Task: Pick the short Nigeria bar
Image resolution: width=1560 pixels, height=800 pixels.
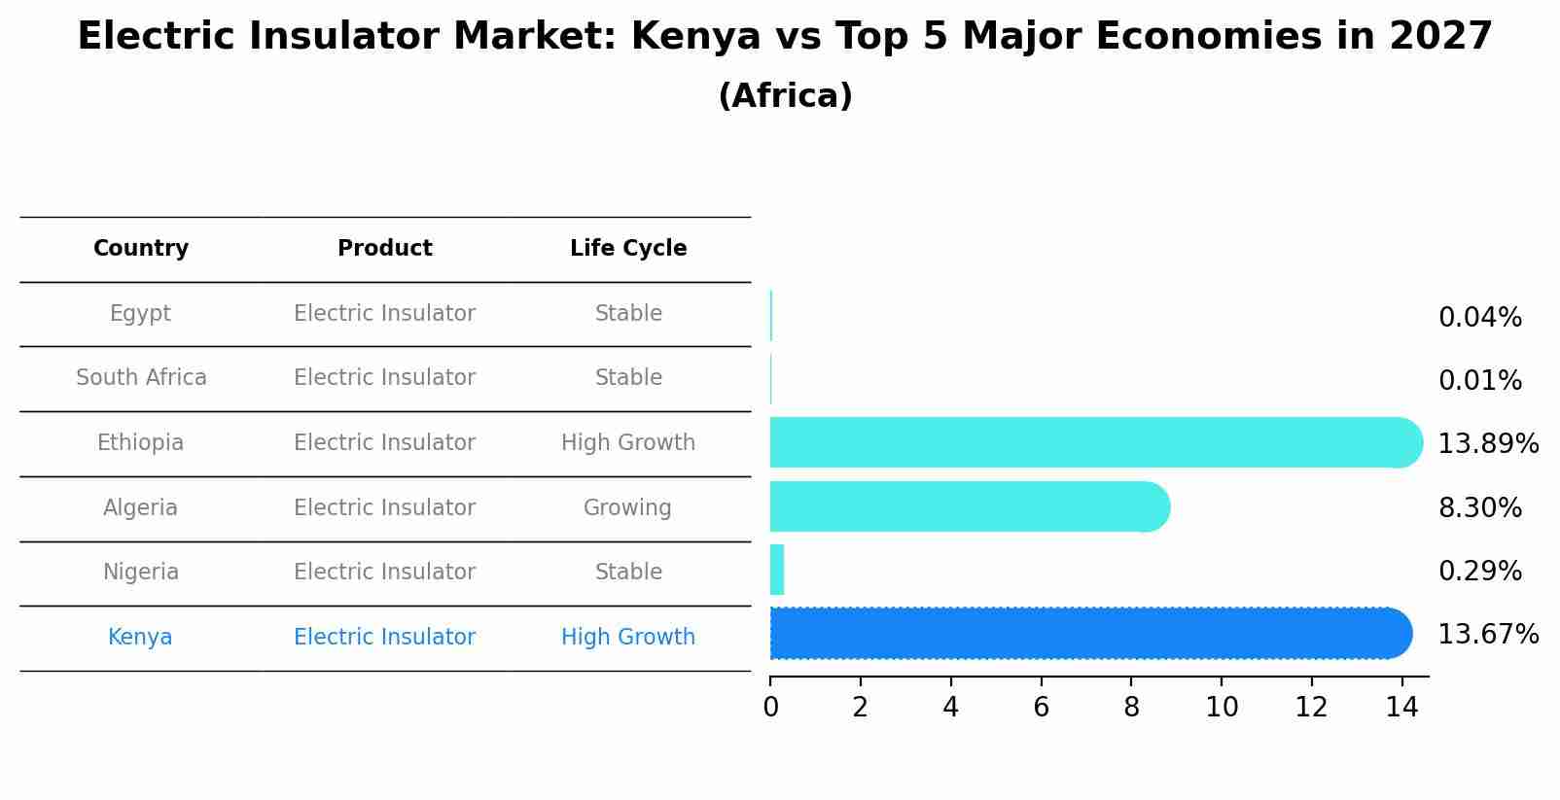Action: point(777,570)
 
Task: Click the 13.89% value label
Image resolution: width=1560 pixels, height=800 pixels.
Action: point(1488,444)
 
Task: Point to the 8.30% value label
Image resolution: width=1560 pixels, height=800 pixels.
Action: point(1479,508)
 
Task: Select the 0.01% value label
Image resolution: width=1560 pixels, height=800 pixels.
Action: point(1479,381)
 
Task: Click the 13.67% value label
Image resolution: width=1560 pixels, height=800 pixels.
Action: point(1488,635)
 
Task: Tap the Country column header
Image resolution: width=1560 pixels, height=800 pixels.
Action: point(141,249)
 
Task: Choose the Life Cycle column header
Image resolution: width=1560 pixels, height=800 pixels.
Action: point(628,249)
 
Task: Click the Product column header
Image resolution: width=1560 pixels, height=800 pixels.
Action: point(385,249)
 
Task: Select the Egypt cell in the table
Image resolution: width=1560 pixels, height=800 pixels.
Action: point(140,314)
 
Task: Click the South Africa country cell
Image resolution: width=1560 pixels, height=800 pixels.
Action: point(141,378)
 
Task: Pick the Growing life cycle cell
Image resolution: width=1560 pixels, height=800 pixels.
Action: point(627,508)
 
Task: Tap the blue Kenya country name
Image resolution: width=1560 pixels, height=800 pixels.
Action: point(140,638)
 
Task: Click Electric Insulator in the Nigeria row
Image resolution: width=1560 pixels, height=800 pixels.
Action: point(385,573)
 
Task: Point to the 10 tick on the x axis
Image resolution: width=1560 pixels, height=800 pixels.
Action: point(1222,708)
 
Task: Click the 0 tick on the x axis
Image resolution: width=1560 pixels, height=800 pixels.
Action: point(770,708)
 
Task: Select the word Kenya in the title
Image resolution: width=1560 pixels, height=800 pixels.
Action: point(695,37)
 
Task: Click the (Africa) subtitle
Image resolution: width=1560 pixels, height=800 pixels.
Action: point(785,96)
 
